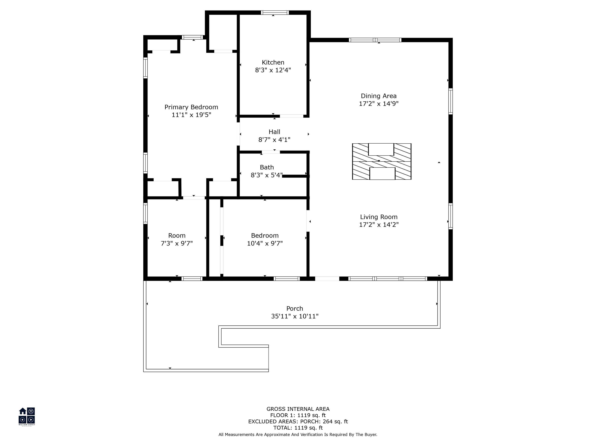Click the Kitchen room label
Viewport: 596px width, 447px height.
[273, 62]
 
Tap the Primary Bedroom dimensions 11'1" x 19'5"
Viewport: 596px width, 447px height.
[191, 115]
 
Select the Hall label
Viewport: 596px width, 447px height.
[274, 132]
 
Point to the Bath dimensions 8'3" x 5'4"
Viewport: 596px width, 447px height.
[267, 175]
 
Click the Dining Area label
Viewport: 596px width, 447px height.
[379, 96]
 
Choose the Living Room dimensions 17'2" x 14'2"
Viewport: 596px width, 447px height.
[379, 224]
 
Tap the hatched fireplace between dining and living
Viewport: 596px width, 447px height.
[382, 161]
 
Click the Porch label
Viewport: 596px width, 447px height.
[295, 308]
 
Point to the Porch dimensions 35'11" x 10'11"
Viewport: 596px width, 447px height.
[295, 316]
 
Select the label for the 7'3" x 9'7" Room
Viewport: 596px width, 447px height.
[177, 236]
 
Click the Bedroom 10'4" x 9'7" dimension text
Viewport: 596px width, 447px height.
[265, 243]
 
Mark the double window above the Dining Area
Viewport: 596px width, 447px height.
[375, 40]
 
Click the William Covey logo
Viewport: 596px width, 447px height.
[27, 416]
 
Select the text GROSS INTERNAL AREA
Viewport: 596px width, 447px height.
[298, 409]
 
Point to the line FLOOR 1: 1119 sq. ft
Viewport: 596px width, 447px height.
[298, 415]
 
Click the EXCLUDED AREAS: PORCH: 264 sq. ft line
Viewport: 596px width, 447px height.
[298, 421]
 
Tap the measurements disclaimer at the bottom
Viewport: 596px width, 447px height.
[298, 434]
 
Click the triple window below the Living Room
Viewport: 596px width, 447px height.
[388, 279]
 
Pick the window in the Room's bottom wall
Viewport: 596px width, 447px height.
[192, 279]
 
